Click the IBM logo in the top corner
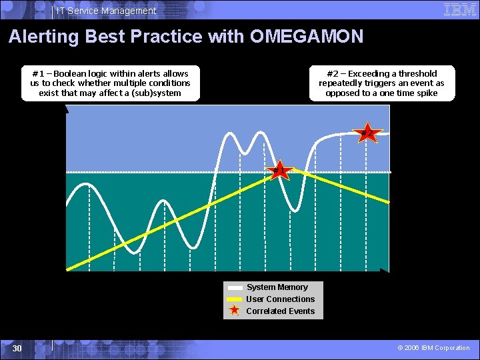[x=460, y=9]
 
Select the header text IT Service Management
[x=106, y=11]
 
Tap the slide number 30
[x=17, y=349]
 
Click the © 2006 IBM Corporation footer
[x=433, y=348]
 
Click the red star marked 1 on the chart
[x=280, y=171]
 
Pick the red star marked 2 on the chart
[x=367, y=133]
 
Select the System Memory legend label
[x=277, y=287]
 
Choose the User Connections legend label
[x=280, y=299]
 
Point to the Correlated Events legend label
[x=280, y=311]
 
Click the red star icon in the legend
[x=235, y=311]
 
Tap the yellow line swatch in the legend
[x=235, y=299]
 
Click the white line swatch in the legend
[x=235, y=287]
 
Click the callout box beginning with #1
[x=110, y=83]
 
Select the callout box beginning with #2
[x=381, y=83]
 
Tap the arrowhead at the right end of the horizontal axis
[x=385, y=271]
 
